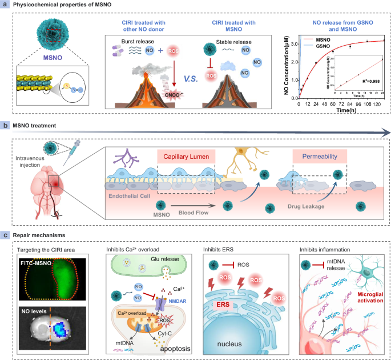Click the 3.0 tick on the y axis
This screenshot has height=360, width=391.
[291, 42]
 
